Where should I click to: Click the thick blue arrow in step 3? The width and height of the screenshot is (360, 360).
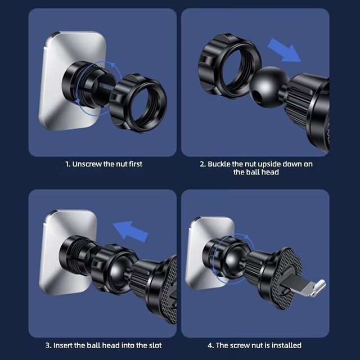130,231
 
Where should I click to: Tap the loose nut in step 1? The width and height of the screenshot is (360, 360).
138,103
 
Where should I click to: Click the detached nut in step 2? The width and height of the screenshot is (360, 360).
229,66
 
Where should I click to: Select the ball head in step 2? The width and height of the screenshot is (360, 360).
266,85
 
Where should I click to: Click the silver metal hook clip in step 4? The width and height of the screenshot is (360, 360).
305,286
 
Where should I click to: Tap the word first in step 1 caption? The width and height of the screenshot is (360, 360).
136,164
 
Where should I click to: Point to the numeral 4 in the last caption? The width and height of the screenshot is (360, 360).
210,345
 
